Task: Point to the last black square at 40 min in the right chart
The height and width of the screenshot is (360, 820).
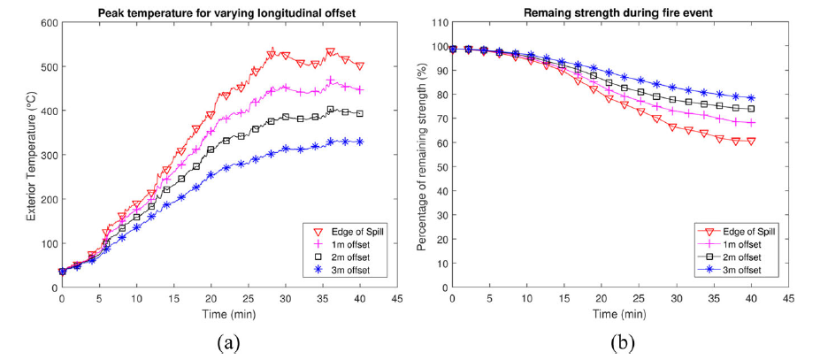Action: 751,109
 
